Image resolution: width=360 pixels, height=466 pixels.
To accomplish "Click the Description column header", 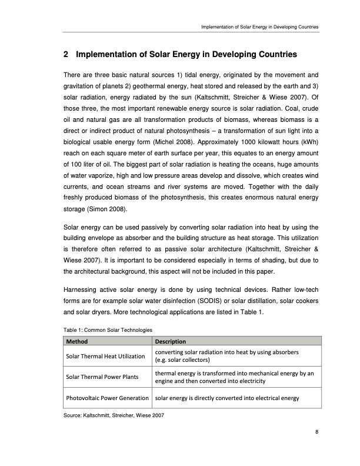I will click(x=170, y=341).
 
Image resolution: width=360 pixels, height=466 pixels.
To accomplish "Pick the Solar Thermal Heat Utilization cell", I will click(x=105, y=356).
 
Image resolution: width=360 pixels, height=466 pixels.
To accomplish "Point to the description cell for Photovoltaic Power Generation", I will click(x=227, y=398).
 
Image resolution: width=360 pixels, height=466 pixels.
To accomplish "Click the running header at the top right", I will click(x=259, y=27).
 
